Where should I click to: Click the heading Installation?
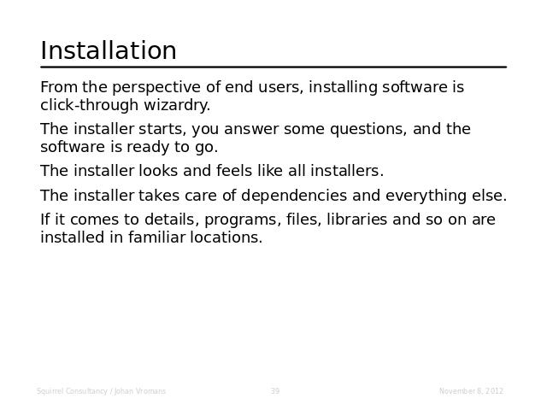coord(109,50)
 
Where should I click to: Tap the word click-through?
coord(89,104)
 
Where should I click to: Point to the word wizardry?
coord(177,105)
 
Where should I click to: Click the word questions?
coord(368,129)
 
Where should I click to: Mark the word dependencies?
coord(294,196)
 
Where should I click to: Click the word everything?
coord(426,196)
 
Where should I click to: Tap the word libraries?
coord(357,220)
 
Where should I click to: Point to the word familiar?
coord(156,237)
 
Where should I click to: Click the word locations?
coord(226,237)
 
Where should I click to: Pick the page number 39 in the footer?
coord(275,391)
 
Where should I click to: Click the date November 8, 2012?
coord(471,391)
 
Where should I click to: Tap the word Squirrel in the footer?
coord(50,391)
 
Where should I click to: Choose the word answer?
coord(251,130)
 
